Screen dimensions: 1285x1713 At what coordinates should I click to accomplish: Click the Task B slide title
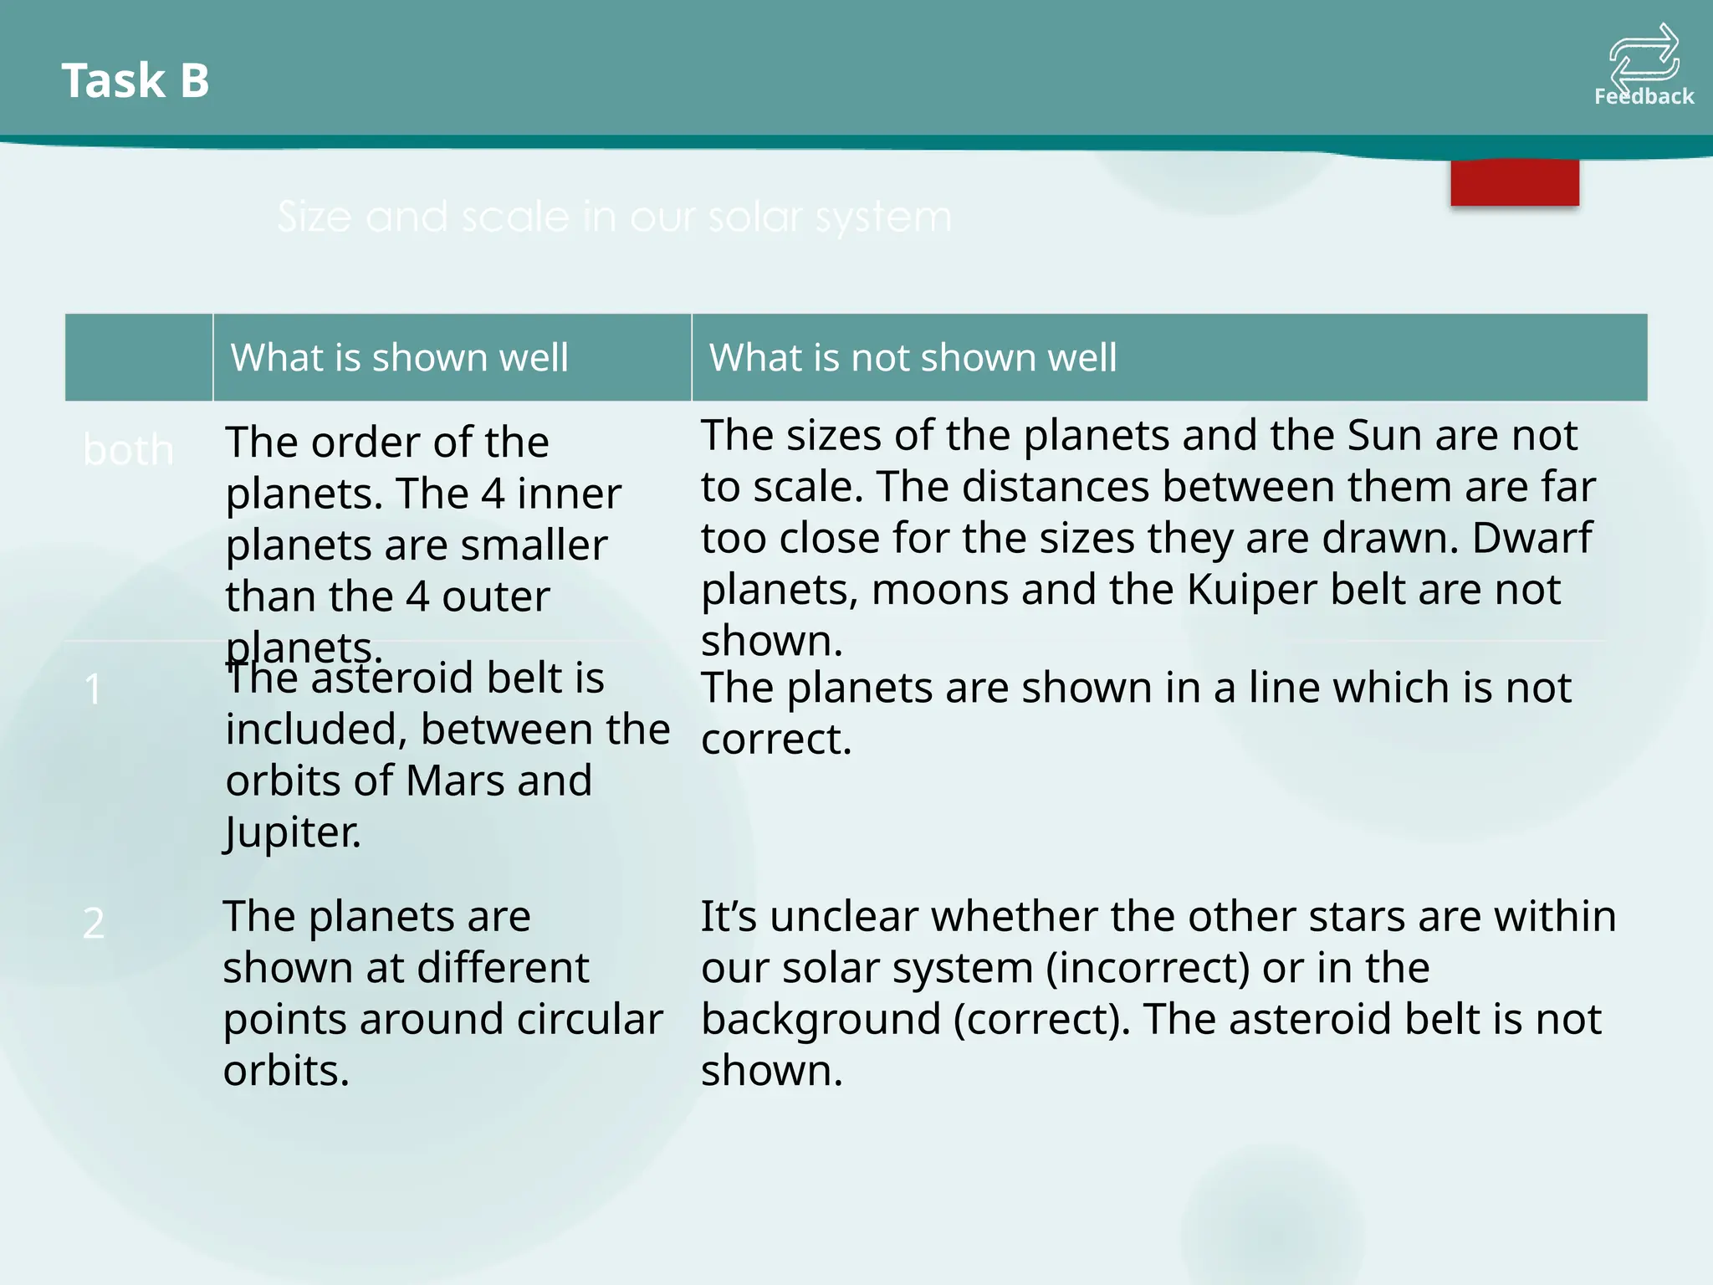click(136, 81)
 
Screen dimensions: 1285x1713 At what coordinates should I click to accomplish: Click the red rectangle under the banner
click(1515, 182)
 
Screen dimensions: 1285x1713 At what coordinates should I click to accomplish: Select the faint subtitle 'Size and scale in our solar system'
click(615, 218)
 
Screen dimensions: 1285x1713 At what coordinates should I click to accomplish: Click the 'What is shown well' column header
click(400, 358)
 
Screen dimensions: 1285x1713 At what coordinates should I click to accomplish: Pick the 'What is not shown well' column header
click(913, 358)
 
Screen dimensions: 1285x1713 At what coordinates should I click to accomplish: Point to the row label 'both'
click(129, 451)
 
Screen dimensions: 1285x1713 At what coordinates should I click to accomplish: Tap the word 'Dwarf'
click(1532, 538)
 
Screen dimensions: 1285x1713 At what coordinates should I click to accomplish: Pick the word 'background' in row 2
click(821, 1020)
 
